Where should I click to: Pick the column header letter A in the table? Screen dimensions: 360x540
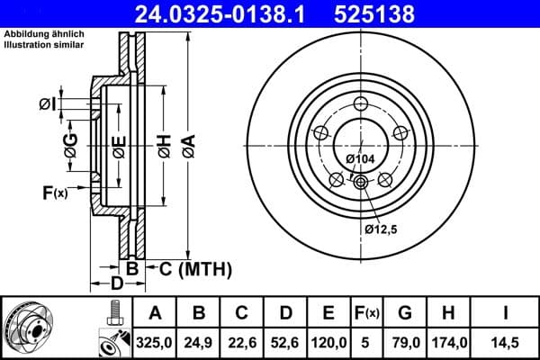155,312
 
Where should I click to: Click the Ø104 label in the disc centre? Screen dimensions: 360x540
360,159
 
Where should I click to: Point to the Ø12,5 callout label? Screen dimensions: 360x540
382,229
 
